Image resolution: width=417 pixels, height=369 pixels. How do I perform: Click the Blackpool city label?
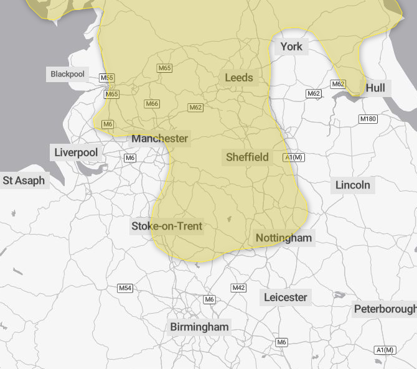(67, 74)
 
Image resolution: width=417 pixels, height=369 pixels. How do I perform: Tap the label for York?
(291, 47)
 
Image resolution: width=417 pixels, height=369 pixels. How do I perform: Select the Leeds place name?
(239, 77)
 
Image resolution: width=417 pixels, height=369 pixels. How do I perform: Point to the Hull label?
(375, 88)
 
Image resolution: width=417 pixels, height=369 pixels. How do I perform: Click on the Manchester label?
(160, 138)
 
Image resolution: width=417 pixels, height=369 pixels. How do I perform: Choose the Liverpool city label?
(76, 152)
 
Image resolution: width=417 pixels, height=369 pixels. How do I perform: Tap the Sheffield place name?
(247, 157)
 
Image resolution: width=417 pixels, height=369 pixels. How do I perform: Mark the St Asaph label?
(24, 180)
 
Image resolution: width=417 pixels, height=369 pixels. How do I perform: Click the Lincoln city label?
(352, 185)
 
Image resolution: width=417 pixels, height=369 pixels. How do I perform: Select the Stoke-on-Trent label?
(167, 226)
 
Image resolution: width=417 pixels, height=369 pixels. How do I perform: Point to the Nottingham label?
(283, 238)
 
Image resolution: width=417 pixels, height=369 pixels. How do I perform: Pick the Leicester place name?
(285, 297)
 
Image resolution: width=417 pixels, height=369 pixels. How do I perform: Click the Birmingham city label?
(200, 327)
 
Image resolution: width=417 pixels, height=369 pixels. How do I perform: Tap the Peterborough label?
(385, 309)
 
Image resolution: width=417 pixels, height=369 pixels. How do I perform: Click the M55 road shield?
(107, 78)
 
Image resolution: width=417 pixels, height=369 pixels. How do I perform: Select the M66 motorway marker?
(152, 104)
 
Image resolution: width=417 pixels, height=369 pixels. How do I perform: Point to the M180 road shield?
(368, 119)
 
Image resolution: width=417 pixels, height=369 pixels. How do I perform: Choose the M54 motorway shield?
(125, 288)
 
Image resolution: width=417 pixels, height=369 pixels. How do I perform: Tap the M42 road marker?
(238, 287)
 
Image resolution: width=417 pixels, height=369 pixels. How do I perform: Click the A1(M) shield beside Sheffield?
(294, 157)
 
